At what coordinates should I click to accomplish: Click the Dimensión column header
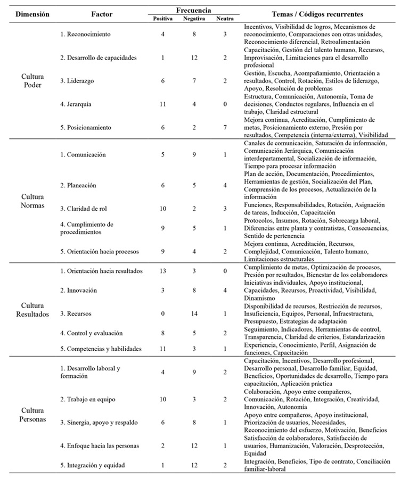(x=33, y=14)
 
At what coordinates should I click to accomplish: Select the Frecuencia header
(x=193, y=10)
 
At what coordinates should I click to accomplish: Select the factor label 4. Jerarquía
(x=76, y=104)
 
